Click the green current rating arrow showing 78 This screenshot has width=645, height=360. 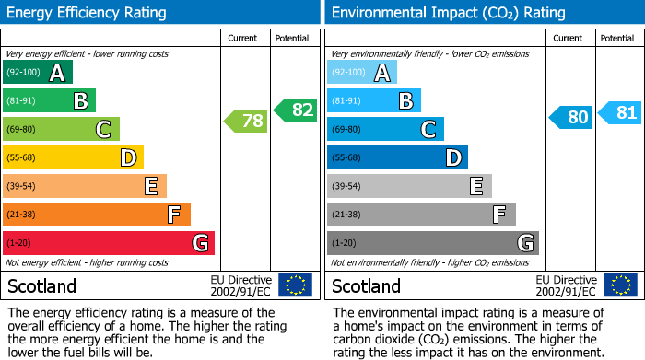click(246, 121)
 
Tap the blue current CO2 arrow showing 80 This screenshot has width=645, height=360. click(571, 117)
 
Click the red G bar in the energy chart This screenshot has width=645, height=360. click(109, 243)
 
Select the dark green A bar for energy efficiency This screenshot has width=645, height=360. click(37, 73)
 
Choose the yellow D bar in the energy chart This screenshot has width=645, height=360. click(73, 158)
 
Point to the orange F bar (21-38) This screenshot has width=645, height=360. click(97, 215)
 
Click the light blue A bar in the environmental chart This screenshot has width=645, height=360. click(362, 73)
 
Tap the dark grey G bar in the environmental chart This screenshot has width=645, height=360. click(432, 243)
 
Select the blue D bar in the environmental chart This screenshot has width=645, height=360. click(397, 158)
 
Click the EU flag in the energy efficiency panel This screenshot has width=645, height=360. click(295, 285)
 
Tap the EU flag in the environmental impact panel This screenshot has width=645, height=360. click(620, 285)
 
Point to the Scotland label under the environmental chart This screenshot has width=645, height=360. click(367, 285)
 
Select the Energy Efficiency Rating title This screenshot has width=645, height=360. click(88, 13)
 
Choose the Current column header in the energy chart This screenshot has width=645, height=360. click(244, 38)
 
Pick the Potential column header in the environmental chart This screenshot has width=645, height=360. click(617, 38)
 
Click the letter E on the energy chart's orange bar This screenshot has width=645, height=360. click(150, 186)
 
